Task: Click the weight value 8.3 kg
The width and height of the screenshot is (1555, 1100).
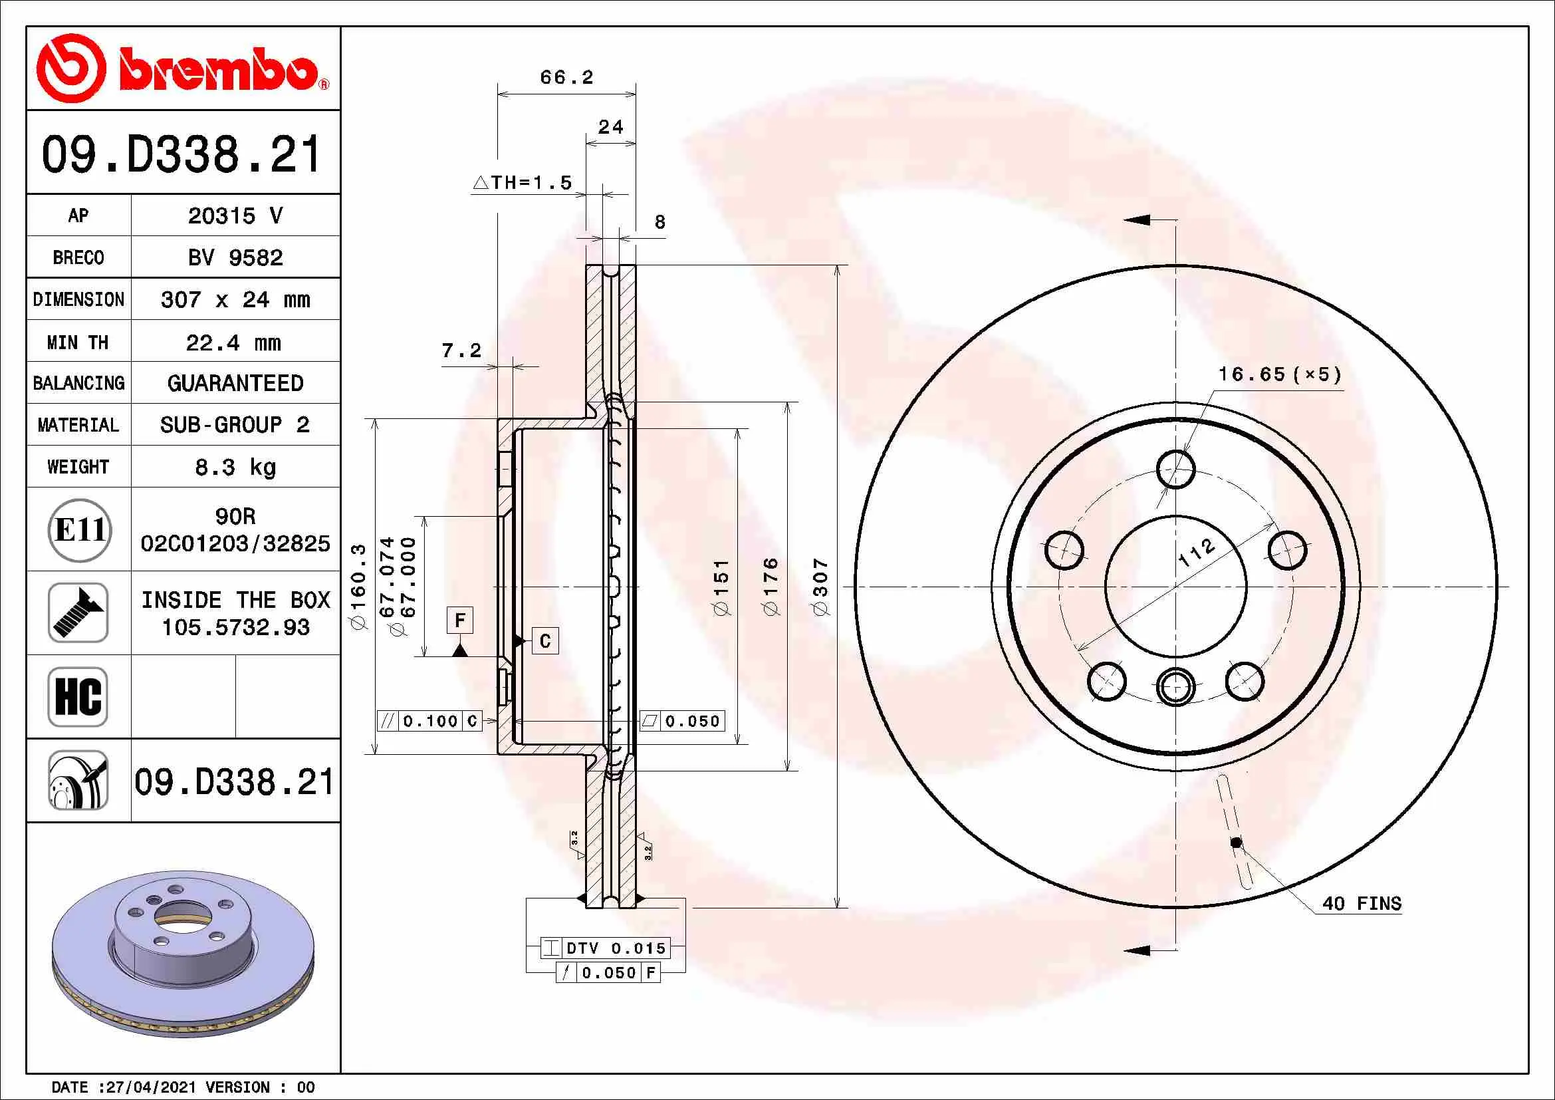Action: (235, 468)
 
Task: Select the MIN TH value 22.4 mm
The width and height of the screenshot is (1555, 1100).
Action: (233, 343)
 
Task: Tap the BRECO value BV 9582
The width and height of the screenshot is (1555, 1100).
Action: (235, 257)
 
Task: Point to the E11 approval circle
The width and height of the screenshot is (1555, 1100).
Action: (79, 529)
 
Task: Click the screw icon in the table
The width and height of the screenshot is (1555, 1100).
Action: (78, 613)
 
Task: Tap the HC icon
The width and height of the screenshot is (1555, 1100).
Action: (78, 696)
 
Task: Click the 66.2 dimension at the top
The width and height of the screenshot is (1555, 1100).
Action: (567, 77)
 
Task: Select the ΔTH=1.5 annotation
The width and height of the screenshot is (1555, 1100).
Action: (522, 182)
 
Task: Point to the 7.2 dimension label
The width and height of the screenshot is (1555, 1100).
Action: (461, 350)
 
